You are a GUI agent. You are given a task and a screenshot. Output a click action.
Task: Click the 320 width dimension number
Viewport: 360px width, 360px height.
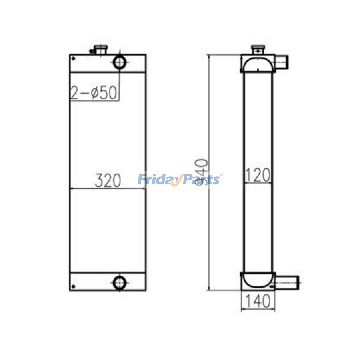[x=108, y=181]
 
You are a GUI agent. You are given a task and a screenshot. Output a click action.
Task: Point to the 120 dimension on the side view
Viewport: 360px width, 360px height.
[x=258, y=175]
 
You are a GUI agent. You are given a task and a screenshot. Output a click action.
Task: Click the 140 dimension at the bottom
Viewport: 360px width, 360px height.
[x=258, y=300]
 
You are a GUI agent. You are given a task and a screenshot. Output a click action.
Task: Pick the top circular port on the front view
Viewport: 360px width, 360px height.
[x=120, y=62]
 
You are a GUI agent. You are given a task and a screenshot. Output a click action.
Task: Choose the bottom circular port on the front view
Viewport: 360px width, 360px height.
[x=119, y=283]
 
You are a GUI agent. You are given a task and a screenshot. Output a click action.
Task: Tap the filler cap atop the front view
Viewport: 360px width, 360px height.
[x=98, y=50]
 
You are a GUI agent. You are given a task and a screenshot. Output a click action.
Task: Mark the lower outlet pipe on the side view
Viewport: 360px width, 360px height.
[x=287, y=282]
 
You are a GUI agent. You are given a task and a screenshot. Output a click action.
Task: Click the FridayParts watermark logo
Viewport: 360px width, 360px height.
[x=180, y=180]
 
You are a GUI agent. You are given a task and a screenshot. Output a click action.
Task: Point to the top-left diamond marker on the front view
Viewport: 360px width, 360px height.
[x=73, y=59]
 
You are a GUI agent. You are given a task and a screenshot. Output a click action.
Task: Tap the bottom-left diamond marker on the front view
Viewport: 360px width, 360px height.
[x=73, y=286]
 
